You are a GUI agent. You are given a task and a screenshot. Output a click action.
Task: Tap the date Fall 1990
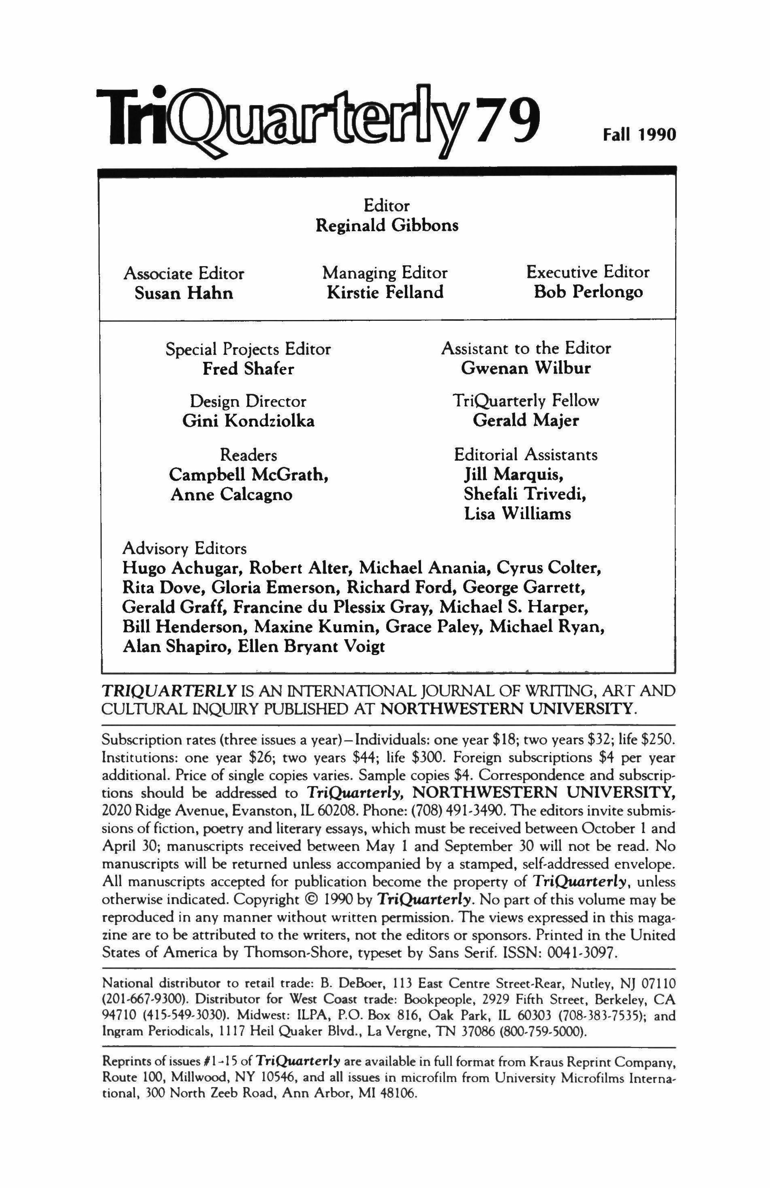pyautogui.click(x=638, y=135)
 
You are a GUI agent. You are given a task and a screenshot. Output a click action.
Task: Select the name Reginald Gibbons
pyautogui.click(x=387, y=226)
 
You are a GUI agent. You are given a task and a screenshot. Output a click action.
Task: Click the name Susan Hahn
pyautogui.click(x=184, y=292)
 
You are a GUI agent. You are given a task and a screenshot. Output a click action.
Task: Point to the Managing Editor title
pyautogui.click(x=385, y=273)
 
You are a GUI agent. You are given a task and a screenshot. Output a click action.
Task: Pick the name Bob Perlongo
pyautogui.click(x=588, y=292)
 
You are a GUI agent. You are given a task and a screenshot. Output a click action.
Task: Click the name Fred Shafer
pyautogui.click(x=248, y=368)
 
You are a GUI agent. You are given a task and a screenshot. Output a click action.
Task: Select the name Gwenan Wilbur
pyautogui.click(x=526, y=368)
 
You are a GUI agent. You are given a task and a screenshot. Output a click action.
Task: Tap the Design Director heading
pyautogui.click(x=248, y=401)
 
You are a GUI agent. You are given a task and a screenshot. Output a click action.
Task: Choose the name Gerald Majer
pyautogui.click(x=526, y=420)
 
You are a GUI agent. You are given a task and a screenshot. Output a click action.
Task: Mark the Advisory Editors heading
pyautogui.click(x=184, y=549)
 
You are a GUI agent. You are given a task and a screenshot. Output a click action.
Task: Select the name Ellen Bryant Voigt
pyautogui.click(x=311, y=647)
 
